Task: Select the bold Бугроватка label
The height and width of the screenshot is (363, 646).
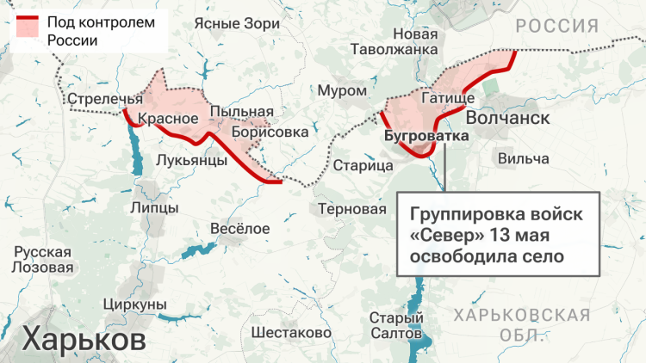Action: pos(427,136)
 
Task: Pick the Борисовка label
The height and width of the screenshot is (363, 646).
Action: pos(269,132)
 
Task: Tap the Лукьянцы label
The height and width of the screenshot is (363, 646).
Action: pos(192,160)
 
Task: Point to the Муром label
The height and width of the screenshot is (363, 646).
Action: pos(336,89)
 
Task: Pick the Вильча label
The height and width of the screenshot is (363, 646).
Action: pos(524,158)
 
